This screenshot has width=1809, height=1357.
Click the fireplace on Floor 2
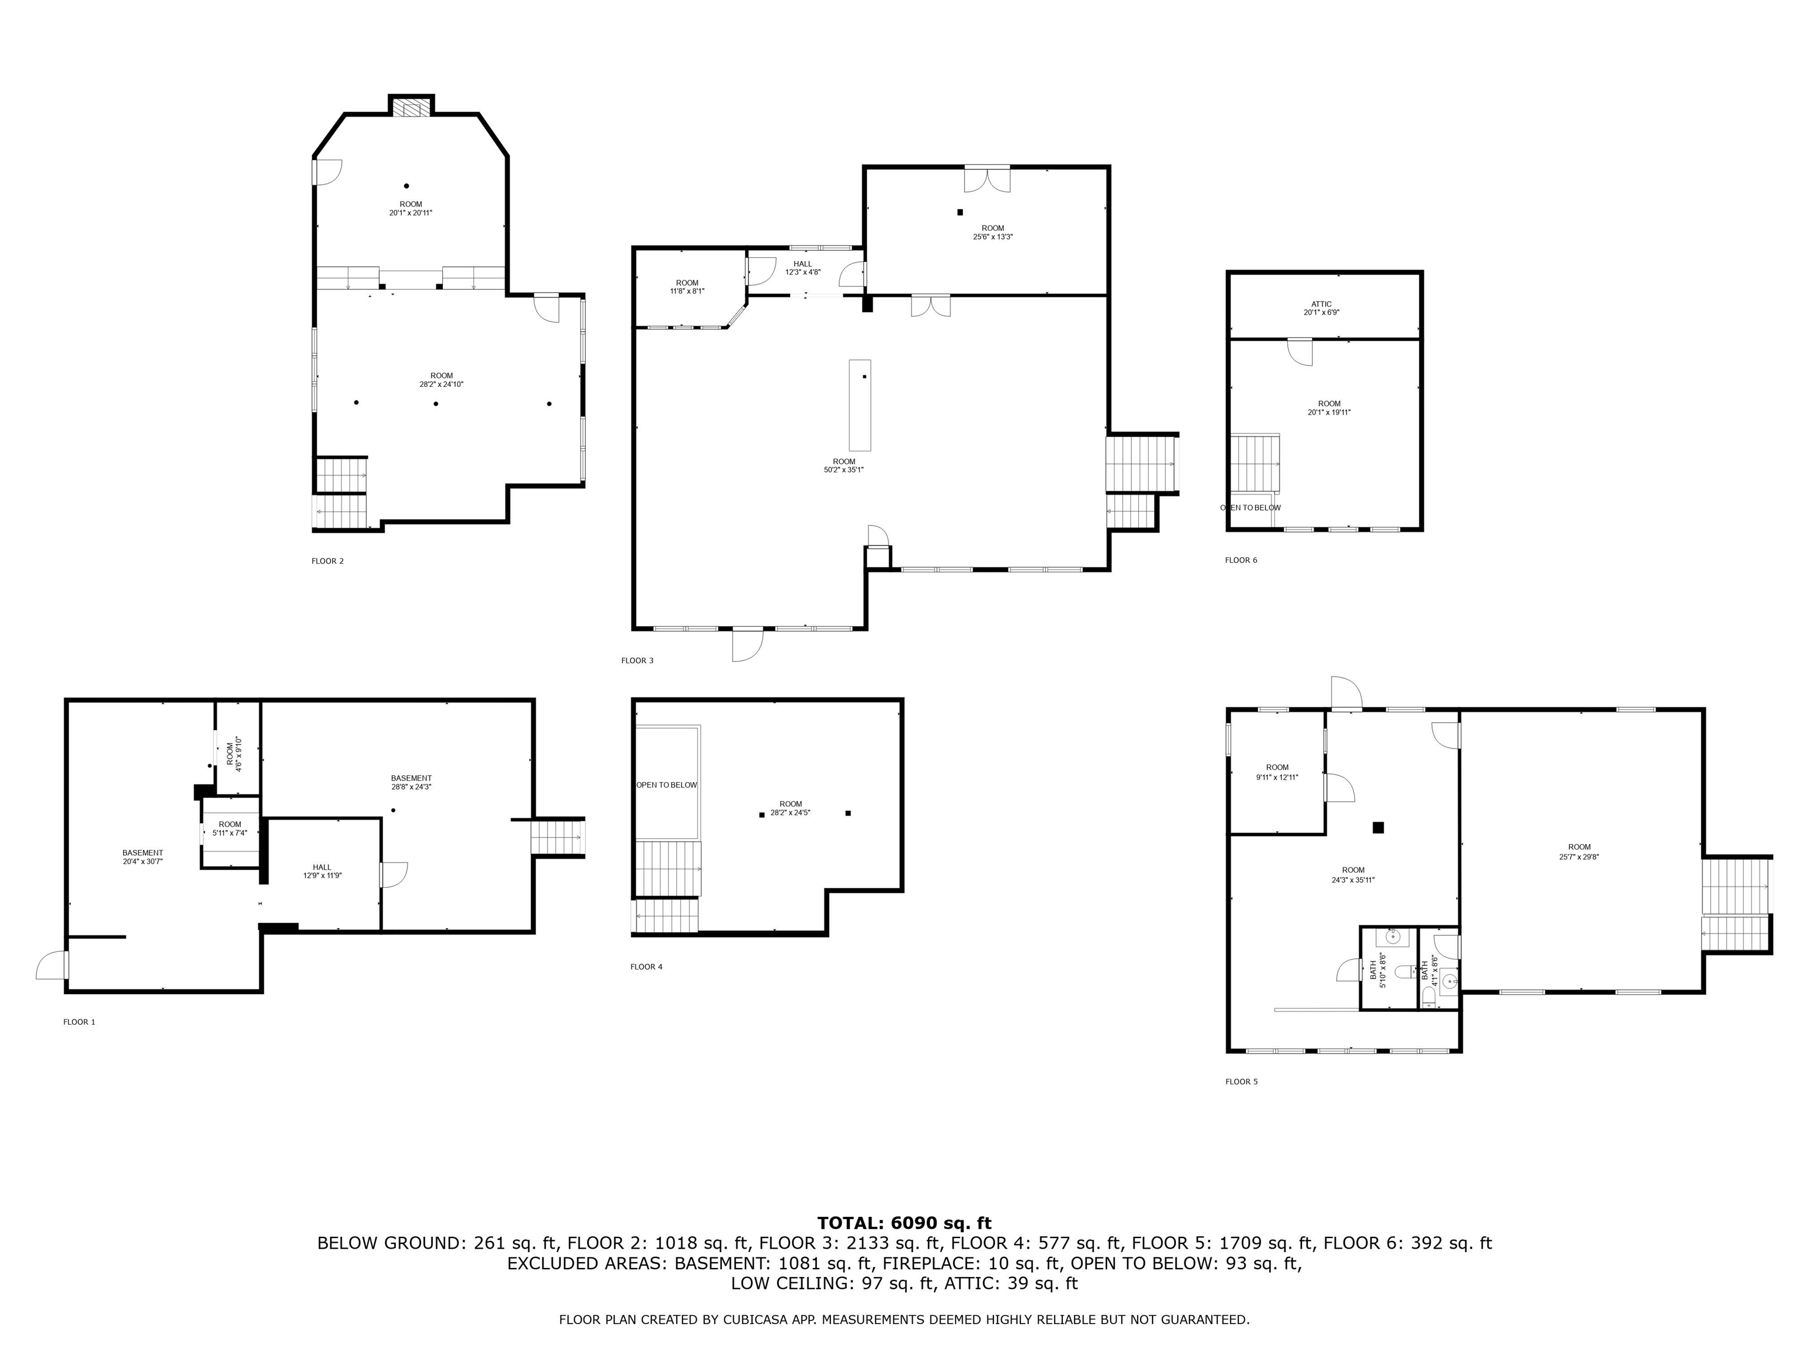click(x=410, y=107)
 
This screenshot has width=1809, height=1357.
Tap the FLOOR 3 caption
click(x=637, y=660)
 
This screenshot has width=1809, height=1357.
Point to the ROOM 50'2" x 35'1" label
click(x=843, y=465)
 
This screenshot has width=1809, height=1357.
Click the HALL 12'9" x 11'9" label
click(x=322, y=871)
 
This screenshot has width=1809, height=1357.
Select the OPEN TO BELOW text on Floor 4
click(x=667, y=785)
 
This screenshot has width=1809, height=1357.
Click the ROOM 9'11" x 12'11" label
click(x=1277, y=772)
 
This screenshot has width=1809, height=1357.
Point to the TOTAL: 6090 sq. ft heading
click(x=904, y=1223)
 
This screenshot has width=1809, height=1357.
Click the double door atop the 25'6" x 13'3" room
click(x=987, y=179)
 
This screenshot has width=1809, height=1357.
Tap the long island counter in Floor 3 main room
click(x=860, y=405)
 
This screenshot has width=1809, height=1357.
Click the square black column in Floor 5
click(x=1378, y=828)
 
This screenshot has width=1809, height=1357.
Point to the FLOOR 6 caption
click(x=1241, y=560)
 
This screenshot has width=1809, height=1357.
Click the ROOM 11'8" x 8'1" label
click(x=687, y=286)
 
